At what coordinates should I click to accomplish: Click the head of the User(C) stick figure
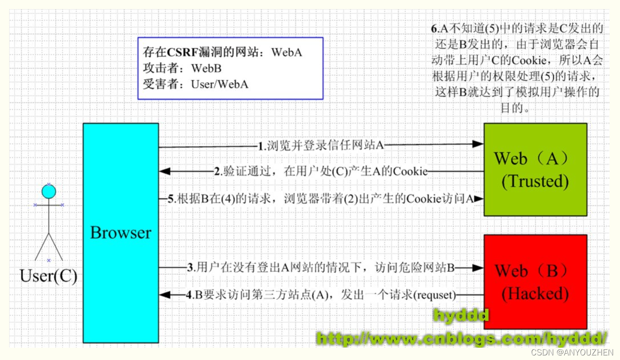(x=49, y=191)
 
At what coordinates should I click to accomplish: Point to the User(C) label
(x=48, y=276)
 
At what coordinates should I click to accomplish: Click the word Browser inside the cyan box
(x=121, y=233)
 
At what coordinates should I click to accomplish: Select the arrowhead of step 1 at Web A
(x=478, y=144)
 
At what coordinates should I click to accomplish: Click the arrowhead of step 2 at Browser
(x=164, y=172)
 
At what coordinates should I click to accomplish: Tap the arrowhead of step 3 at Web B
(x=478, y=267)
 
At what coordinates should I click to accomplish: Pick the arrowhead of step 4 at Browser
(x=164, y=295)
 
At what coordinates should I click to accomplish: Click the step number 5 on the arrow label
(x=170, y=198)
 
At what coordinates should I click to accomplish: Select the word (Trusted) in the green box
(x=535, y=182)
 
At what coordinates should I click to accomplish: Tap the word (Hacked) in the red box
(x=535, y=293)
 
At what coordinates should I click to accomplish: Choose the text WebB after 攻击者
(x=206, y=68)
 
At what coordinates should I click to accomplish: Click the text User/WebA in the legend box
(x=220, y=84)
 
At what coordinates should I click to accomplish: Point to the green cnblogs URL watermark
(x=461, y=339)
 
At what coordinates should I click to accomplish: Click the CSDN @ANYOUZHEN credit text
(x=573, y=352)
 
